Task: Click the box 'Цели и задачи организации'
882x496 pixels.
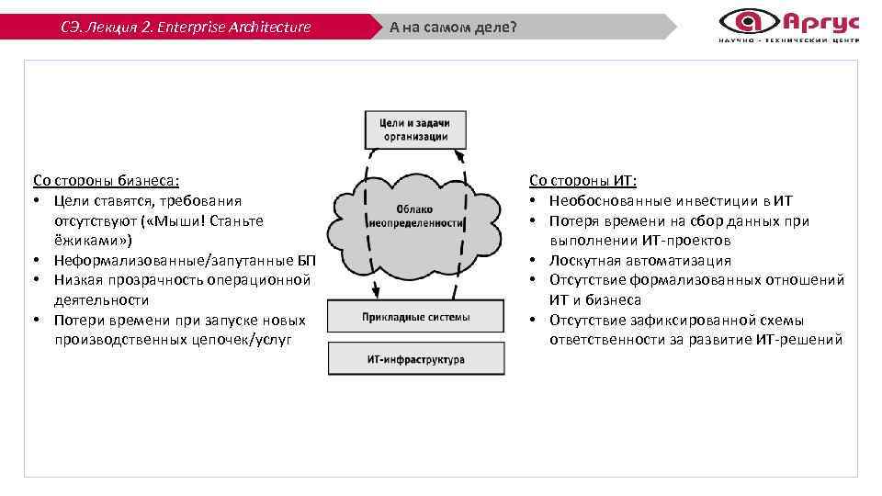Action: click(414, 130)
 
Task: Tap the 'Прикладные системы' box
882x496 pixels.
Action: click(415, 317)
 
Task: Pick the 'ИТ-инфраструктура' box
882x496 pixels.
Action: click(415, 359)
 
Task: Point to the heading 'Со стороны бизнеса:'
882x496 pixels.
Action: click(107, 181)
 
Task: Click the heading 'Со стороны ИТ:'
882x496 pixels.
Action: click(583, 181)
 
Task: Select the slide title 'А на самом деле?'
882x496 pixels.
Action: click(453, 27)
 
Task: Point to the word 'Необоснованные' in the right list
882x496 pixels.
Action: click(602, 200)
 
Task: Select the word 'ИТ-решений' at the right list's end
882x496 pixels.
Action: click(805, 340)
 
